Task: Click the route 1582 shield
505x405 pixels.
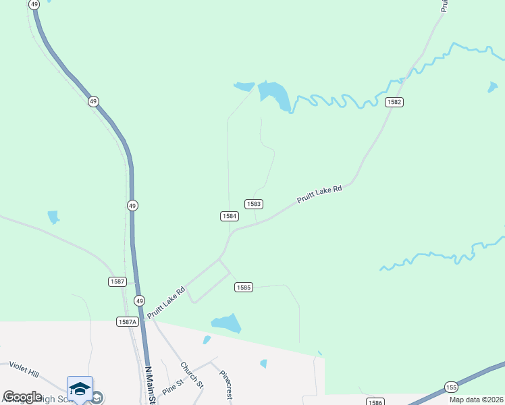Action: point(394,102)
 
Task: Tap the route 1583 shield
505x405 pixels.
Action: point(254,204)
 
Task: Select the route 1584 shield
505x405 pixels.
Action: point(229,216)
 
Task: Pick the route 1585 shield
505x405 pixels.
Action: point(244,288)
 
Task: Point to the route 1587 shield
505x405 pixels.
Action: point(117,281)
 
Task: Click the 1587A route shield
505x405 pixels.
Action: point(127,322)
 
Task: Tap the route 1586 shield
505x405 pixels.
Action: point(375,402)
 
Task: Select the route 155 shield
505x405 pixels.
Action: point(451,386)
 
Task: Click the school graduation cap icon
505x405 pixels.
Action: point(80,388)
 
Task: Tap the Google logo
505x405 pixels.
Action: point(22,397)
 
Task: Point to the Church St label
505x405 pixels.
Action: point(191,375)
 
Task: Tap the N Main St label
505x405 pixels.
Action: point(151,385)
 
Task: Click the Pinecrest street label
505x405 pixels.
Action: point(224,385)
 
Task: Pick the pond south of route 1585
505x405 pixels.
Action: point(227,323)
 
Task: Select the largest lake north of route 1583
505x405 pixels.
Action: point(275,94)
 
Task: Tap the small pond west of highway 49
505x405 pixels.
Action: point(53,217)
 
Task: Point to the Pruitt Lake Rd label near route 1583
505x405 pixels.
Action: point(319,194)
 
